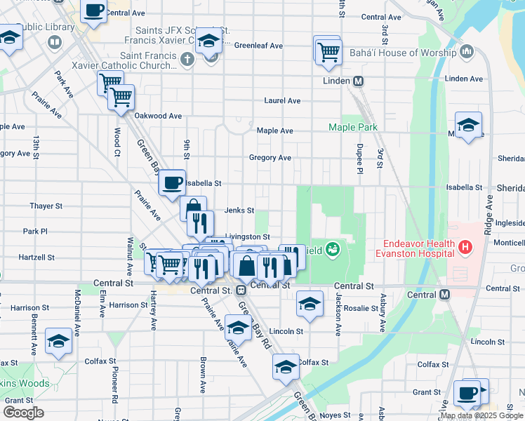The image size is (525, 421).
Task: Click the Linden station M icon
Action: click(x=358, y=81)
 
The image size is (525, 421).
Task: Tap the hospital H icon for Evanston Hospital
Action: click(x=463, y=246)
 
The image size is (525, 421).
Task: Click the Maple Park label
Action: click(x=354, y=127)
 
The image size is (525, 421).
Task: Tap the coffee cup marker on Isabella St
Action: click(x=172, y=183)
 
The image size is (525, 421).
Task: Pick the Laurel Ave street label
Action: click(x=282, y=101)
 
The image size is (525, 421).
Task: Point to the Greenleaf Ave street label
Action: click(x=258, y=46)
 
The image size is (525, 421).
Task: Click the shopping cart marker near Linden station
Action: click(x=327, y=51)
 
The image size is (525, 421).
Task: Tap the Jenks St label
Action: click(x=239, y=210)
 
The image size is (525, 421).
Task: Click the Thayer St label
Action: click(x=46, y=206)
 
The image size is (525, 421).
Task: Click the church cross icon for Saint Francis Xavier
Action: click(x=187, y=58)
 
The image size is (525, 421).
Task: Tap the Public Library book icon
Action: click(x=54, y=43)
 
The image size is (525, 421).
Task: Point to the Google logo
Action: click(x=23, y=412)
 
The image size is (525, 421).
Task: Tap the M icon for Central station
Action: click(x=444, y=295)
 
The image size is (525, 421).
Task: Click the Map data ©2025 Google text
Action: click(x=481, y=415)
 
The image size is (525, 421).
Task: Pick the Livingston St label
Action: click(x=247, y=237)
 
